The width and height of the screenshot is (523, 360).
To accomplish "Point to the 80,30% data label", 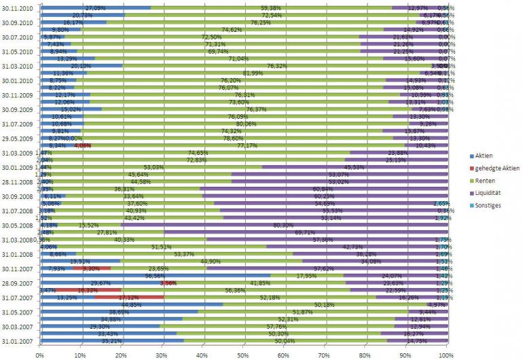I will tap(283, 224).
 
